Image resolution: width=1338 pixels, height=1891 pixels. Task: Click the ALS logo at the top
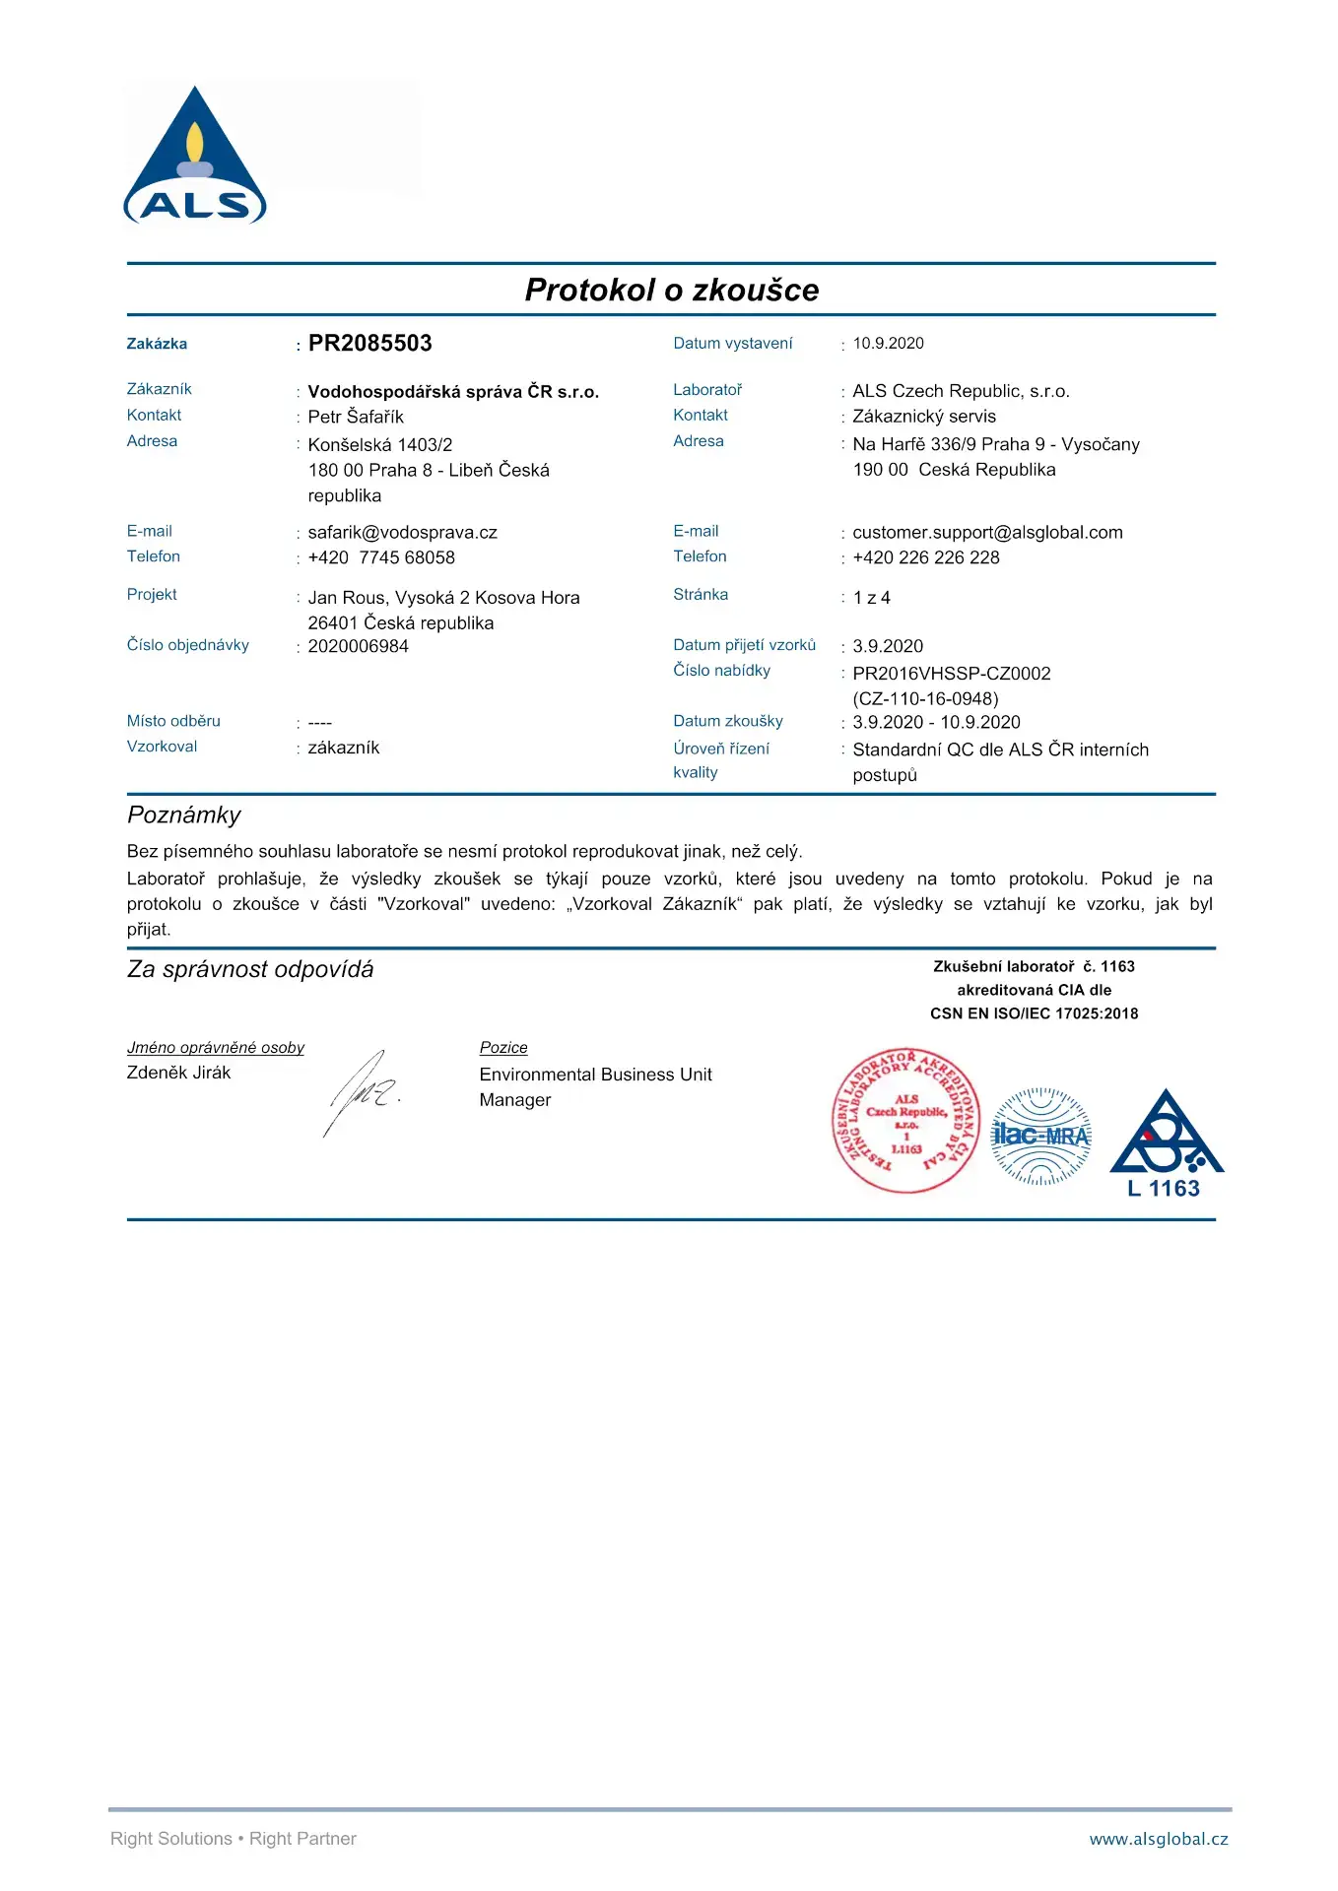pyautogui.click(x=195, y=158)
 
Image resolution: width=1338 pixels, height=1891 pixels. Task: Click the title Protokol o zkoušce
pyautogui.click(x=672, y=290)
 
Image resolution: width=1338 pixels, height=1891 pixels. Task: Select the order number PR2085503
pyautogui.click(x=369, y=343)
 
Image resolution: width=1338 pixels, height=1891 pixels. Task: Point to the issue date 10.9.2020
pyautogui.click(x=888, y=343)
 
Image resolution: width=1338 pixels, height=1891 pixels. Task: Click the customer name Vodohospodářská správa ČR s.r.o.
pyautogui.click(x=453, y=391)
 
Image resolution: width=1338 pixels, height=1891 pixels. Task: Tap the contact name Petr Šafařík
pyautogui.click(x=356, y=417)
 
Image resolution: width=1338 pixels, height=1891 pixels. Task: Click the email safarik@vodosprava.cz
pyautogui.click(x=402, y=533)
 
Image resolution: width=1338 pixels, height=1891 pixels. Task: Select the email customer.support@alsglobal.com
pyautogui.click(x=987, y=533)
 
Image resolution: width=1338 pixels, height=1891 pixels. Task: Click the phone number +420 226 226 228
pyautogui.click(x=925, y=557)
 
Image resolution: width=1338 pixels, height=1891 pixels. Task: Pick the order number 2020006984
pyautogui.click(x=358, y=646)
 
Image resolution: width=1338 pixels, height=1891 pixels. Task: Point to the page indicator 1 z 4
pyautogui.click(x=871, y=598)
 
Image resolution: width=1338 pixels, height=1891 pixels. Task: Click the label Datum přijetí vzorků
pyautogui.click(x=744, y=645)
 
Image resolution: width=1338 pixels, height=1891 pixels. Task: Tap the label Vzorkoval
pyautogui.click(x=162, y=747)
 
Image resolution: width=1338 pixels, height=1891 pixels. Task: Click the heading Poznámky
pyautogui.click(x=184, y=815)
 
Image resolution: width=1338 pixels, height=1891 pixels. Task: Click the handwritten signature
pyautogui.click(x=362, y=1092)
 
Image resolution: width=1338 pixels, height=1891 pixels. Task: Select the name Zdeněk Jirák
pyautogui.click(x=178, y=1073)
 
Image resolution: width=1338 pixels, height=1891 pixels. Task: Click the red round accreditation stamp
pyautogui.click(x=905, y=1120)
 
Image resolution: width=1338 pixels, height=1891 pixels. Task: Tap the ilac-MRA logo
pyautogui.click(x=1040, y=1136)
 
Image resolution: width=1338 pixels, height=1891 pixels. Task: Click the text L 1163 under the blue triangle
pyautogui.click(x=1164, y=1189)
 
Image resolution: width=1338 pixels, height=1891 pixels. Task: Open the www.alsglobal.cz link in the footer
pyautogui.click(x=1159, y=1839)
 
